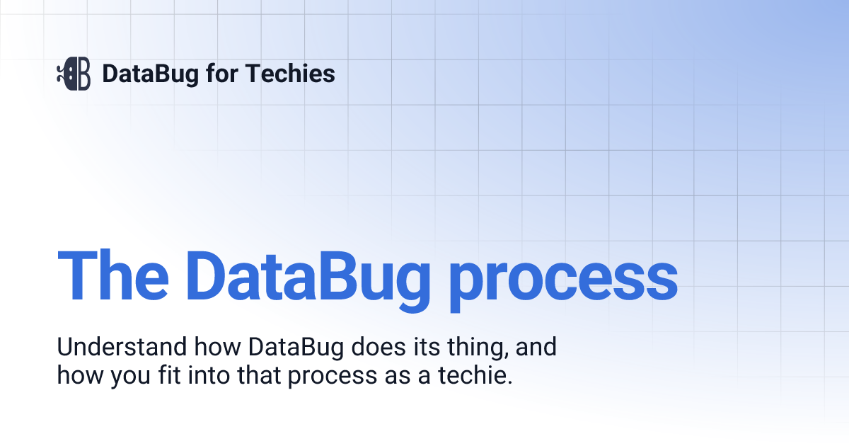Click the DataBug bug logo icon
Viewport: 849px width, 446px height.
[x=74, y=74]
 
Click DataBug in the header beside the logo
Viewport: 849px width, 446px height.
[x=150, y=74]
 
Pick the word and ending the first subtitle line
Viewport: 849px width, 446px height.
[x=536, y=348]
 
